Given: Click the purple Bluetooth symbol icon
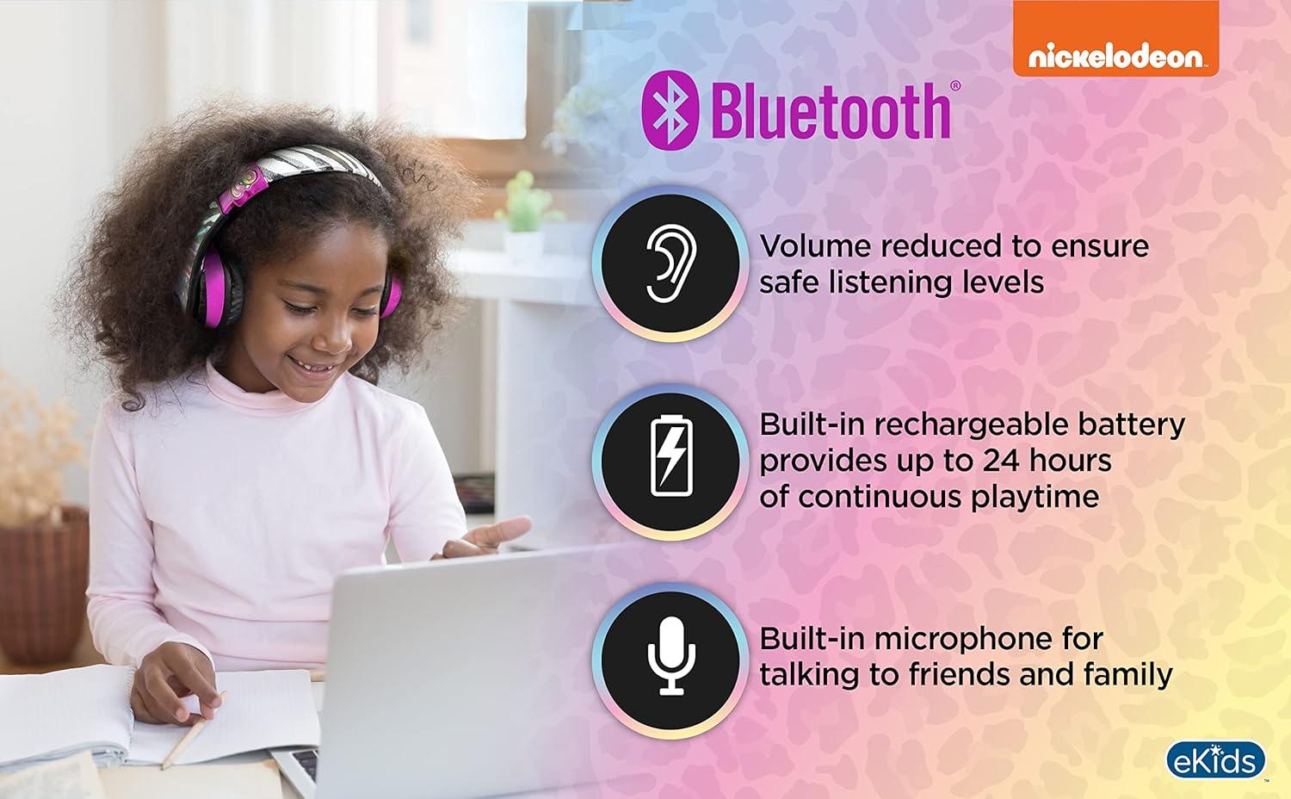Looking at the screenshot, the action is (670, 110).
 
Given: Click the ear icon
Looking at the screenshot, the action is (670, 263).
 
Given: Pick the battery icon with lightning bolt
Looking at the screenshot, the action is (671, 455).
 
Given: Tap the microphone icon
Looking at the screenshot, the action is (671, 656).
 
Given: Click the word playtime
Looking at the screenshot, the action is (1035, 497).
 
